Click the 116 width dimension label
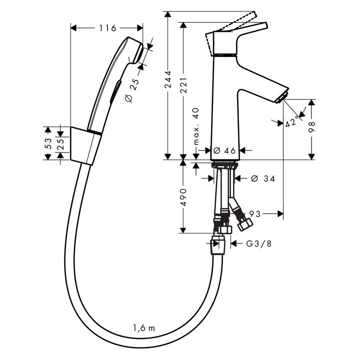tap(107, 28)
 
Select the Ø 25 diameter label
tap(131, 86)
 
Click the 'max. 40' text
tap(196, 127)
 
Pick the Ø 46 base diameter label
tap(224, 149)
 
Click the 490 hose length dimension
tap(183, 197)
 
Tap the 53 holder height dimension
tap(48, 143)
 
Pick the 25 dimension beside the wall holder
tap(60, 143)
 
